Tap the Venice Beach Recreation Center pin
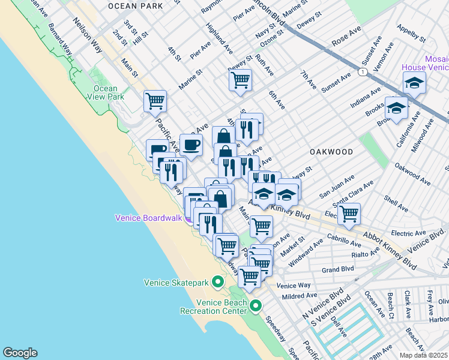coord(256,306)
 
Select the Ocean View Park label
coord(106,92)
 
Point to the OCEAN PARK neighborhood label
coord(136,5)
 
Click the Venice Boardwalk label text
coord(148,218)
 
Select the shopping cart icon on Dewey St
coord(240,80)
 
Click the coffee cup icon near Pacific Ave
coord(191,145)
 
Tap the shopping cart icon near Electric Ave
coord(349,213)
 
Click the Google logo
coord(20,353)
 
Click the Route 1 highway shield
coord(363,72)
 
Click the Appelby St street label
coord(411,34)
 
